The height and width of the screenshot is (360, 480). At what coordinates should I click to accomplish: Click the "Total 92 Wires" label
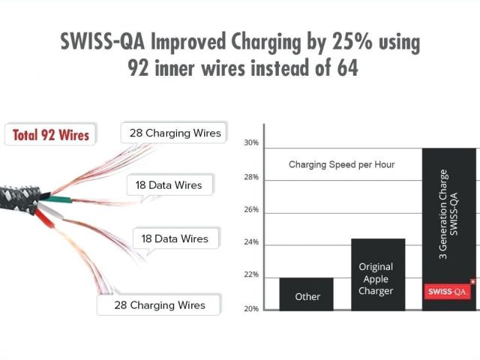click(x=50, y=136)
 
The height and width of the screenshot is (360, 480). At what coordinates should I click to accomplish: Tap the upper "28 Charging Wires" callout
click(x=175, y=133)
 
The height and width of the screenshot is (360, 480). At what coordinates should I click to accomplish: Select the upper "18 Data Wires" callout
click(x=169, y=184)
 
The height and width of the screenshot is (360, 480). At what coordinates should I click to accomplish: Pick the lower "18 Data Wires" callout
click(x=175, y=239)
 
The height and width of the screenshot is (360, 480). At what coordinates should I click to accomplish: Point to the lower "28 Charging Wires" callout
click(x=160, y=305)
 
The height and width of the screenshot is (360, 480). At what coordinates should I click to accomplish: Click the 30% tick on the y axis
click(x=251, y=142)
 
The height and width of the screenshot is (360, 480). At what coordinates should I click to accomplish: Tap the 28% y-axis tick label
click(x=251, y=178)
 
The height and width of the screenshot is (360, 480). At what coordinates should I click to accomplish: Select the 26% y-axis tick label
click(x=251, y=210)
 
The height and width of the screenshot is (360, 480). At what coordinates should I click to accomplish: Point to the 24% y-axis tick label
click(x=251, y=243)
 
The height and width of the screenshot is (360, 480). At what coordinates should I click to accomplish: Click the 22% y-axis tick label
click(x=251, y=275)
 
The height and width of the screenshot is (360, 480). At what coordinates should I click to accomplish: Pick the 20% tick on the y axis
click(x=251, y=308)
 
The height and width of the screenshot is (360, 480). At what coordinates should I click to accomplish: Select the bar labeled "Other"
click(x=307, y=294)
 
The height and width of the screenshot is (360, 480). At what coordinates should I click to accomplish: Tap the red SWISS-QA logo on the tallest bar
click(x=448, y=291)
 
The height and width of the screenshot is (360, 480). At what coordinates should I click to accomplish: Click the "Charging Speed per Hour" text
click(x=342, y=164)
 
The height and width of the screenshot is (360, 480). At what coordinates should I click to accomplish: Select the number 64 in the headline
click(x=341, y=67)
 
